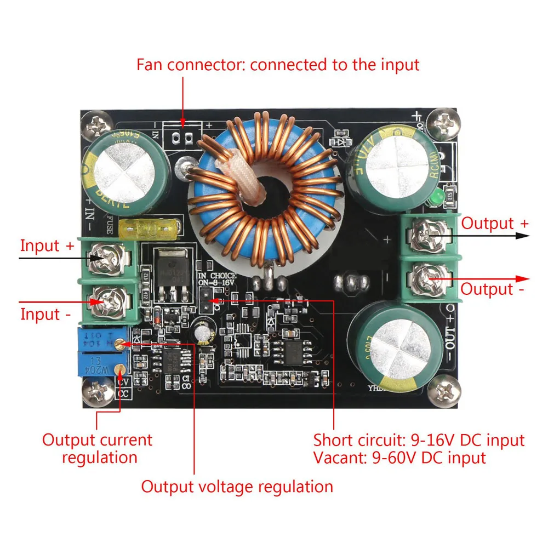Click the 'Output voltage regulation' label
237,486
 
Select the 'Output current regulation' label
98,448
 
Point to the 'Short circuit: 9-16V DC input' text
419,440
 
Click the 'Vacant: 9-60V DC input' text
399,458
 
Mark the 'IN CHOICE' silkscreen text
217,276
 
